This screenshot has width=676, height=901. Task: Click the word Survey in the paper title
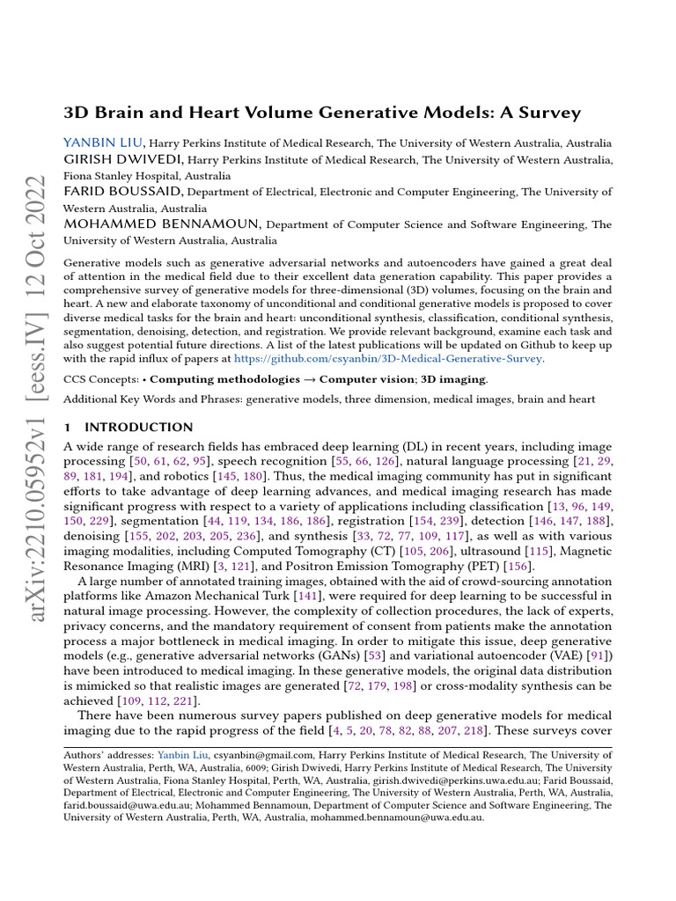pos(551,113)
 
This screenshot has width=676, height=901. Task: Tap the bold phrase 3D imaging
pos(452,379)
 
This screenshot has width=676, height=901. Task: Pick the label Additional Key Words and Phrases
pos(153,399)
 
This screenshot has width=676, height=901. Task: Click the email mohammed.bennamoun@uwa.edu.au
pos(402,817)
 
